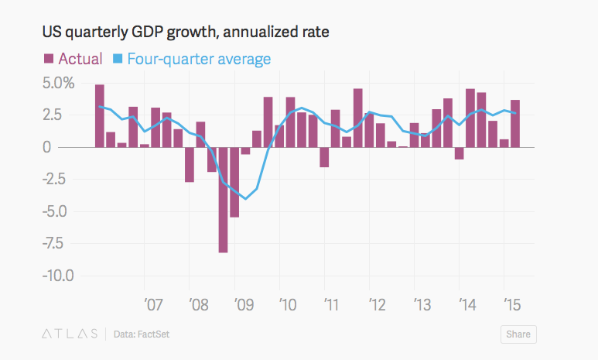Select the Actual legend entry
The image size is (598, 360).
click(80, 59)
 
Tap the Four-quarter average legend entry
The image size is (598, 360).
click(199, 59)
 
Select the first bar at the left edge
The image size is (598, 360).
click(100, 115)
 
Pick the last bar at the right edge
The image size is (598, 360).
click(515, 123)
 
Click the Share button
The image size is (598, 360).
click(518, 334)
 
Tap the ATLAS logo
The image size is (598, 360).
click(70, 334)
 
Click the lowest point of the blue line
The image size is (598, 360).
click(246, 199)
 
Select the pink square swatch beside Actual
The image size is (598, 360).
click(48, 59)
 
